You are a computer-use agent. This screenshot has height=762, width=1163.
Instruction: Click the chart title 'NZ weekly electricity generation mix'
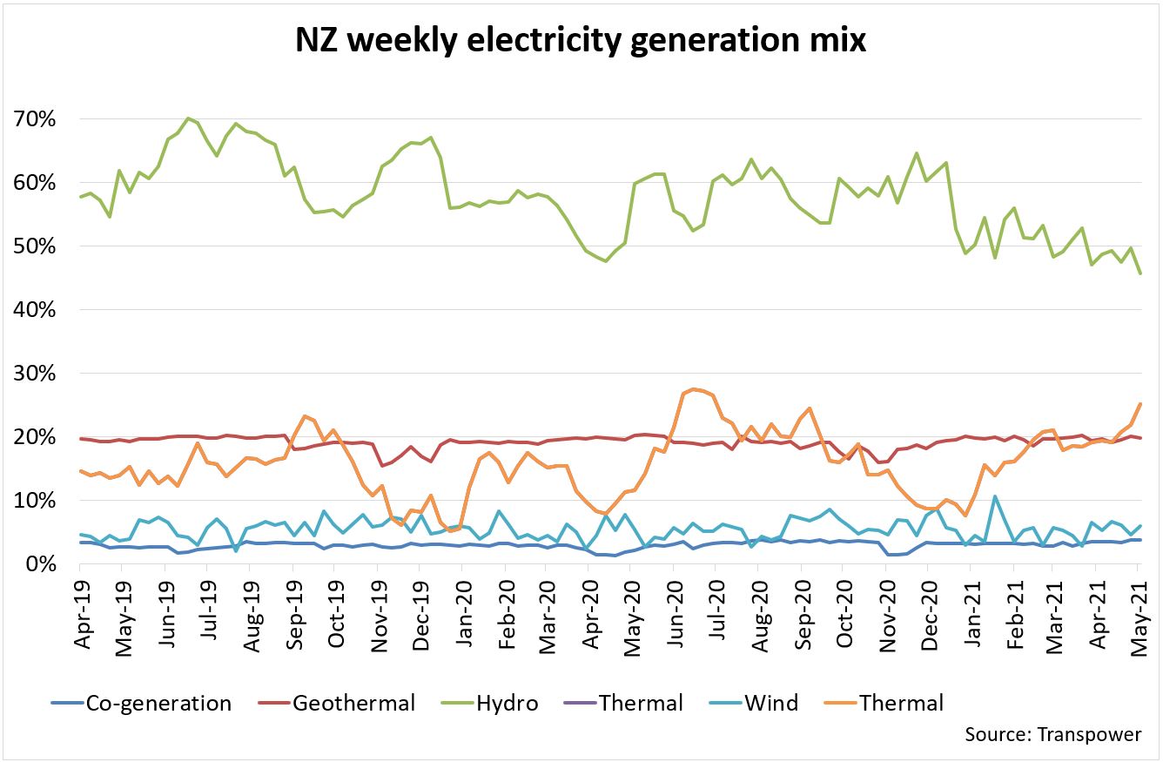click(x=581, y=38)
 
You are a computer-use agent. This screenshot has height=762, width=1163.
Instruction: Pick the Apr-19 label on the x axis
click(x=84, y=613)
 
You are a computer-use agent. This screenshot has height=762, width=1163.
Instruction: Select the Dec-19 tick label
click(x=421, y=613)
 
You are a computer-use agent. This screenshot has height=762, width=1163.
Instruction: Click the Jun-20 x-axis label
click(x=675, y=613)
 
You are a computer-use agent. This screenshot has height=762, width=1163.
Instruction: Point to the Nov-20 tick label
click(x=886, y=613)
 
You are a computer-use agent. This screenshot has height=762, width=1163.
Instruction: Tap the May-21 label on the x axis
click(x=1139, y=613)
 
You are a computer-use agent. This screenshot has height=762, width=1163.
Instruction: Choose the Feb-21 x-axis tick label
click(x=1013, y=613)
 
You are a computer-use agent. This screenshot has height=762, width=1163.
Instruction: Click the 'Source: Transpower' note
click(x=1052, y=734)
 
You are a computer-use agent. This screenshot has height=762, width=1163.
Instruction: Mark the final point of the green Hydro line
click(x=1140, y=273)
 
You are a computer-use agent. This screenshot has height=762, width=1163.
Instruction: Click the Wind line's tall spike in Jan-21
click(x=995, y=496)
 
